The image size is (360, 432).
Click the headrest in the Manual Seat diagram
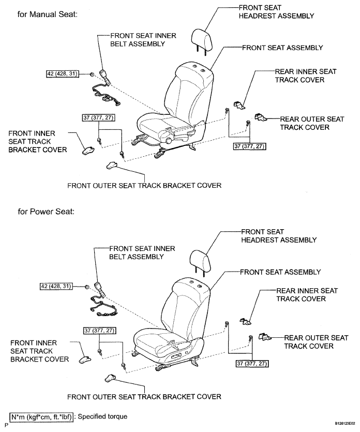pyautogui.click(x=201, y=36)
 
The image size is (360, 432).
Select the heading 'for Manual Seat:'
pyautogui.click(x=47, y=14)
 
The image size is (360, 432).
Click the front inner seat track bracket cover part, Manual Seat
pyautogui.click(x=86, y=150)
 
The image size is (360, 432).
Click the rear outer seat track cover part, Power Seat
pyautogui.click(x=264, y=337)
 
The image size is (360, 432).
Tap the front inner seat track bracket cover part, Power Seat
pyautogui.click(x=86, y=359)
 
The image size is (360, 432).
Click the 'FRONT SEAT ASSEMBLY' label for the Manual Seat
pyautogui.click(x=282, y=48)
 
